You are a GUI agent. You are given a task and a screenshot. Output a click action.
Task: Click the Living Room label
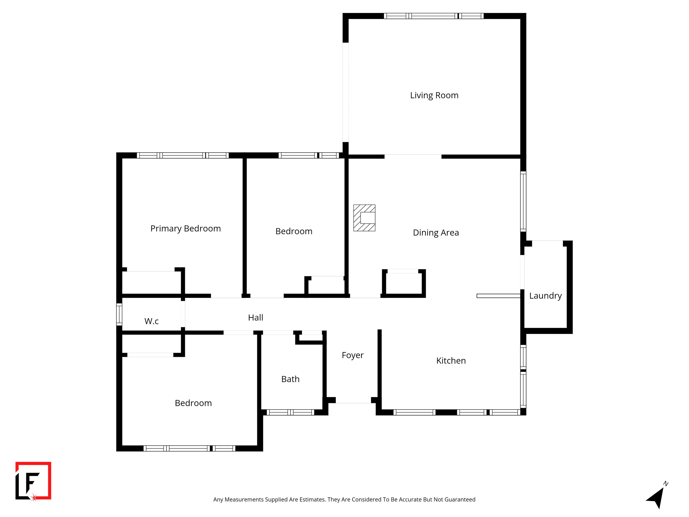pyautogui.click(x=434, y=95)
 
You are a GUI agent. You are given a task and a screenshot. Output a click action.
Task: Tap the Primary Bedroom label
pyautogui.click(x=185, y=228)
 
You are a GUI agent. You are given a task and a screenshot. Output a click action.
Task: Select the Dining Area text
pyautogui.click(x=436, y=232)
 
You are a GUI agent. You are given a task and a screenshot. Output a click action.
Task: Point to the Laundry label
pyautogui.click(x=545, y=296)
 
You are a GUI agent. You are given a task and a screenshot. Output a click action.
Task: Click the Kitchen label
pyautogui.click(x=451, y=360)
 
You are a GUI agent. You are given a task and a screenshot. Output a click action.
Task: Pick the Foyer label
pyautogui.click(x=352, y=355)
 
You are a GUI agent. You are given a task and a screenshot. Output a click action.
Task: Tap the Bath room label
pyautogui.click(x=290, y=379)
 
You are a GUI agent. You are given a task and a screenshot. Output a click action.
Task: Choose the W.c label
pyautogui.click(x=151, y=321)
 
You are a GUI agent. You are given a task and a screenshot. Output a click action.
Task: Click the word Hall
pyautogui.click(x=256, y=318)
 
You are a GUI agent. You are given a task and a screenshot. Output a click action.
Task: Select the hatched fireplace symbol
pyautogui.click(x=364, y=218)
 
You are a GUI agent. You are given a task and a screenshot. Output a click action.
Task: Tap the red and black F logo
pyautogui.click(x=33, y=481)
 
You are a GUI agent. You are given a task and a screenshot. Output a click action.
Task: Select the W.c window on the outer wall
pyautogui.click(x=119, y=314)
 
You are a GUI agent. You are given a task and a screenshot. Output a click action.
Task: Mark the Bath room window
pyautogui.click(x=290, y=412)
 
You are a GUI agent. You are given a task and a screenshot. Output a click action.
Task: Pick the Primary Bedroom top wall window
pyautogui.click(x=183, y=155)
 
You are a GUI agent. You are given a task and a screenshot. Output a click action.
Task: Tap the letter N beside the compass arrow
pyautogui.click(x=666, y=484)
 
